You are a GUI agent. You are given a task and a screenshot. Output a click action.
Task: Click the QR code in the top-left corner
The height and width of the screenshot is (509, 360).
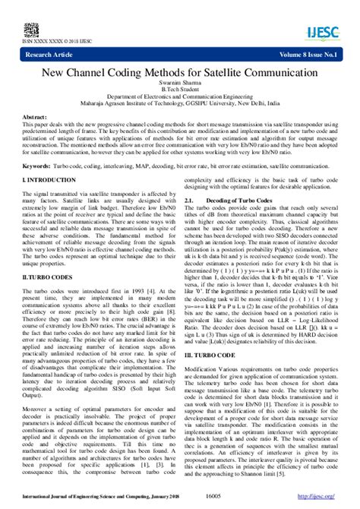click(x=31, y=30)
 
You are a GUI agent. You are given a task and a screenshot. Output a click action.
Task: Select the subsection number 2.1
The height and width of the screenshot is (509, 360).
click(x=190, y=200)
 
